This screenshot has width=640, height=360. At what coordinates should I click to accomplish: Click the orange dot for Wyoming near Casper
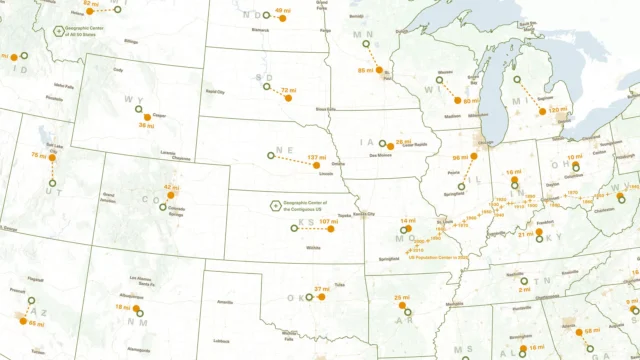point(147,117)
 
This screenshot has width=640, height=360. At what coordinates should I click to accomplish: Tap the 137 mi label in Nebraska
point(317,158)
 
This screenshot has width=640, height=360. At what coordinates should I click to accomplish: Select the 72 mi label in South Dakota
point(289,91)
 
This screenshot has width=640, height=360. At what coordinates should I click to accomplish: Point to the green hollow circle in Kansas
point(294,229)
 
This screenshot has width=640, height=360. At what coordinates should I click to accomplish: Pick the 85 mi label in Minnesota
point(366,70)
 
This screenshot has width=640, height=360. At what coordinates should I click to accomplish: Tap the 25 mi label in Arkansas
point(401,298)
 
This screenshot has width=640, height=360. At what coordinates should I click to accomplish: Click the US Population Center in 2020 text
point(438,257)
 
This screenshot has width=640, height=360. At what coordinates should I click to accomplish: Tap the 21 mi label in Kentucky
point(525,234)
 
